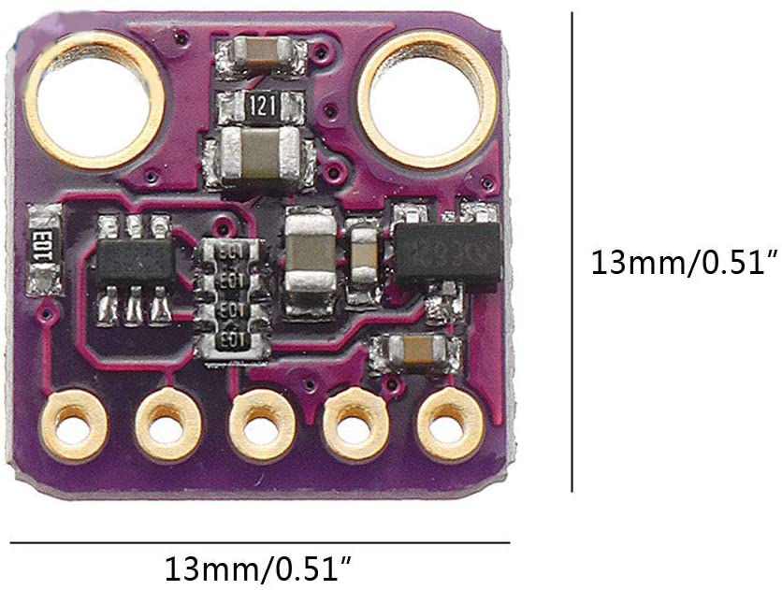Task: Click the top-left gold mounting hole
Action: tap(94, 100)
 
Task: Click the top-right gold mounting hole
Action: tap(427, 100)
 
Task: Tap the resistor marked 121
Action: tap(261, 106)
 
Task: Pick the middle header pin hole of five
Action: tap(262, 427)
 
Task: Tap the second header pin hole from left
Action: tap(167, 427)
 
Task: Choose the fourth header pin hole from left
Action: tap(355, 427)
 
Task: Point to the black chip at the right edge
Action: tap(446, 252)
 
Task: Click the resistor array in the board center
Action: tap(230, 295)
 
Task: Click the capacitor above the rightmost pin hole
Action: tap(416, 353)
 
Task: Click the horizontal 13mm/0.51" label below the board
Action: tap(259, 568)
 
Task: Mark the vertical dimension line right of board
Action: tap(572, 252)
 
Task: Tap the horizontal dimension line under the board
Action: tap(260, 542)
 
